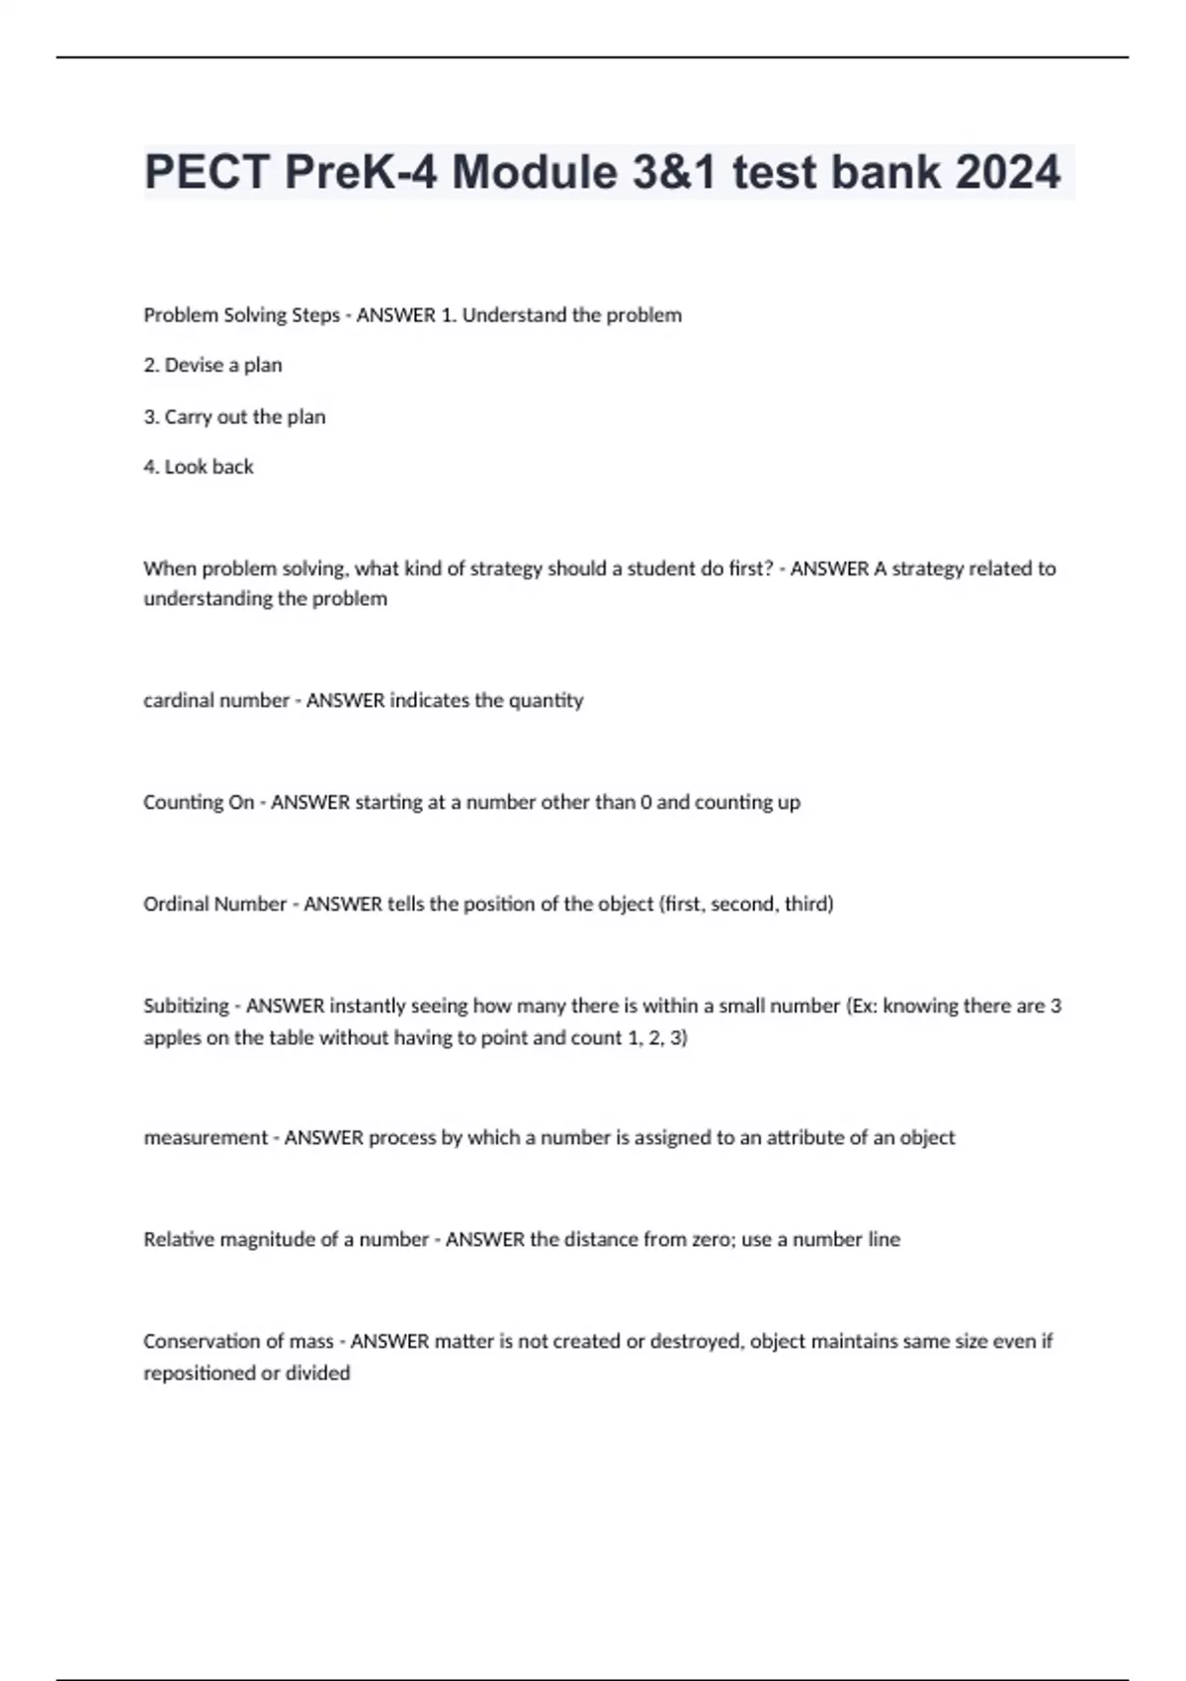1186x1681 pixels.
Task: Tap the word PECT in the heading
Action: tap(208, 172)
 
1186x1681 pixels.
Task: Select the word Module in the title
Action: tap(535, 172)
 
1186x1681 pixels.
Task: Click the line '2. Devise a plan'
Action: tap(212, 365)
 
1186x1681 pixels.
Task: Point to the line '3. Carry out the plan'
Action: tap(234, 416)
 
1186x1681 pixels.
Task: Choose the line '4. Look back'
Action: tap(199, 467)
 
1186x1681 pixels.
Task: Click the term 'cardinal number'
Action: tap(215, 700)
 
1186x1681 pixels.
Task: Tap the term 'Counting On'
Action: tap(199, 802)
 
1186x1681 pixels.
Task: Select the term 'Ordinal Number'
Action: tap(214, 904)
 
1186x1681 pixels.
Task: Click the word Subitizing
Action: tap(186, 1006)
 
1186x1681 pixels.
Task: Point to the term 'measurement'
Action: tap(206, 1138)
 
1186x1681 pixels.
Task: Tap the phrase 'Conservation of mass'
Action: tap(238, 1342)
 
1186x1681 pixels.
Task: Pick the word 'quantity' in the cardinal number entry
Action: tap(546, 700)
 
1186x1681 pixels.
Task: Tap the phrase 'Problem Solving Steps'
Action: tap(241, 315)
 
